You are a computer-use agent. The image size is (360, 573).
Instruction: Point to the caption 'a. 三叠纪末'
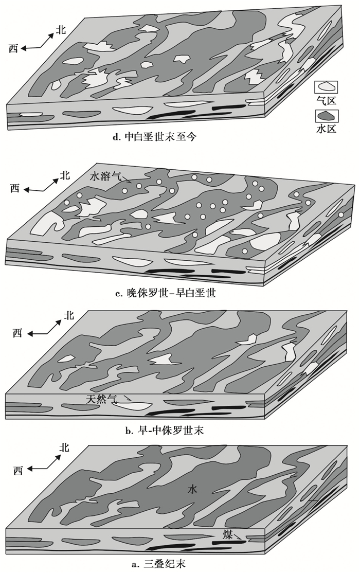157,564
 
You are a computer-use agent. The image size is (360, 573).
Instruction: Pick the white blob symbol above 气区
327,87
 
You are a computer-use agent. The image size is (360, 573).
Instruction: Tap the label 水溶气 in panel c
105,176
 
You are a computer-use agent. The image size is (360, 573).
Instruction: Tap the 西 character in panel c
15,189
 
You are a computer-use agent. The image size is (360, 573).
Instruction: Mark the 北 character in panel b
68,316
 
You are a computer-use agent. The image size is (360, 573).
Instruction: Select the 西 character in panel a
19,470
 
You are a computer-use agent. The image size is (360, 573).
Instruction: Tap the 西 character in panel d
14,48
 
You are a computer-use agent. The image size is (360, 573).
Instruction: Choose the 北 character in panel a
64,447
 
